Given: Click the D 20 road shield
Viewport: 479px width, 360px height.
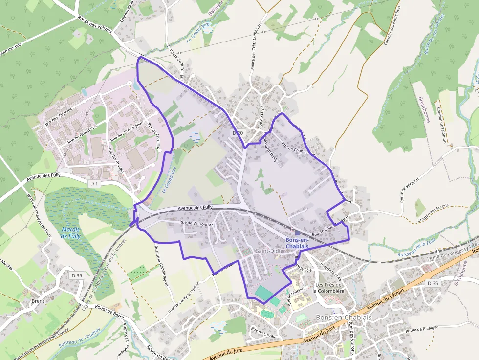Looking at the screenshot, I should pyautogui.click(x=238, y=133).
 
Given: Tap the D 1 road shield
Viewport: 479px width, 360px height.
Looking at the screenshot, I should pyautogui.click(x=95, y=183).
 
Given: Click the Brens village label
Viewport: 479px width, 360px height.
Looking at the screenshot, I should pyautogui.click(x=38, y=301).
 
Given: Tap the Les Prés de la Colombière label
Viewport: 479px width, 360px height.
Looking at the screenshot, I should pyautogui.click(x=328, y=288).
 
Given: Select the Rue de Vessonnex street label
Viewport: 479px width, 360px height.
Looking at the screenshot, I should pyautogui.click(x=197, y=223).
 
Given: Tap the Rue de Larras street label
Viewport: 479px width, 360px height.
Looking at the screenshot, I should pyautogui.click(x=263, y=332).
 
